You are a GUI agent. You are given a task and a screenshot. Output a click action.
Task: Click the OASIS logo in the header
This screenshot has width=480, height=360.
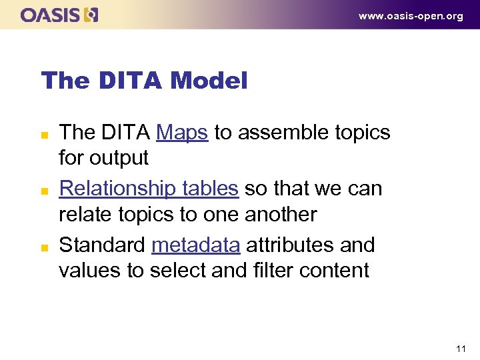coord(59,15)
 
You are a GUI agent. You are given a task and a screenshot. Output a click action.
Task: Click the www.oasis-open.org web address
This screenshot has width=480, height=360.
coord(411,16)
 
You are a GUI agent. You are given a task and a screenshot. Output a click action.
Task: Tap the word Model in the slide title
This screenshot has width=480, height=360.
coord(209,81)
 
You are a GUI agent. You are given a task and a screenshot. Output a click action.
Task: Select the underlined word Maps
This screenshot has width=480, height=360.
coord(182,133)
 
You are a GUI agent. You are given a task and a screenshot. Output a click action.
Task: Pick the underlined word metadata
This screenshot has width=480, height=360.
coord(195,245)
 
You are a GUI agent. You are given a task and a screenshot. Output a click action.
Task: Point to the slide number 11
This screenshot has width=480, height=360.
coord(461,349)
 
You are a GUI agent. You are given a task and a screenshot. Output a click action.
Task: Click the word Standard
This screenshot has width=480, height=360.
coord(102,245)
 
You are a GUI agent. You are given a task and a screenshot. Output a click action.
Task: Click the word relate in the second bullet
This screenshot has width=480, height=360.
coord(81,215)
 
